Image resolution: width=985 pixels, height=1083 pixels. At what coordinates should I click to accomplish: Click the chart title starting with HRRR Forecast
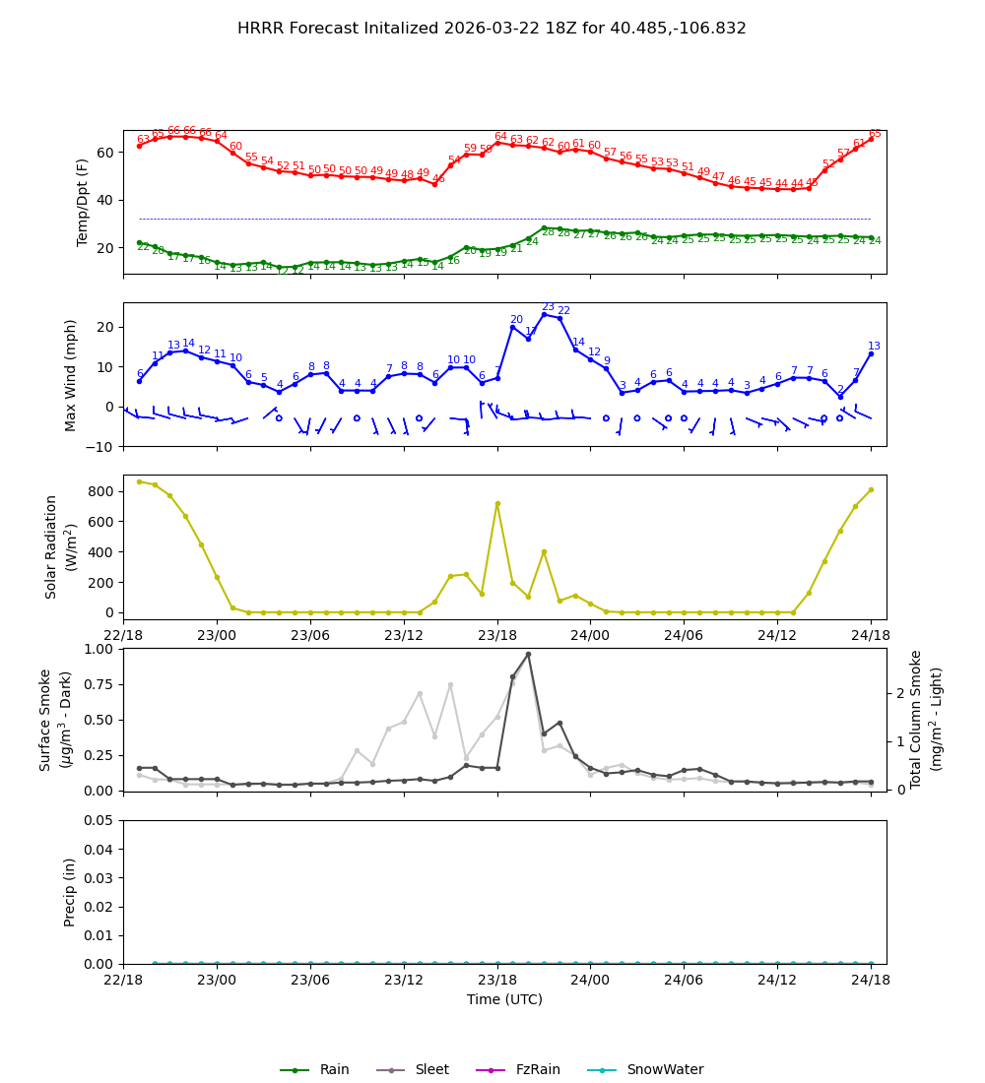click(x=492, y=29)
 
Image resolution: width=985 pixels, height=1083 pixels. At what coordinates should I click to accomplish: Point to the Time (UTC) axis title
click(x=504, y=999)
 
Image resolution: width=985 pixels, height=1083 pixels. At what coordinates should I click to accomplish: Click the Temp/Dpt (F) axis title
click(x=84, y=202)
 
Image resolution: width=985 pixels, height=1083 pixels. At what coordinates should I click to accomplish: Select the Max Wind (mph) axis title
click(x=71, y=374)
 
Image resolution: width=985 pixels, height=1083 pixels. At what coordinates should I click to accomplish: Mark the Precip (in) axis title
click(x=70, y=892)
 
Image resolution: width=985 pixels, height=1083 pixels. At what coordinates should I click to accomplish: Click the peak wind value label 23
click(x=548, y=307)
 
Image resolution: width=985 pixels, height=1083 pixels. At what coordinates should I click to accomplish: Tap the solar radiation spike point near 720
click(x=497, y=503)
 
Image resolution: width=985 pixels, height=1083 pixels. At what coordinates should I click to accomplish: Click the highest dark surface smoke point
click(x=528, y=654)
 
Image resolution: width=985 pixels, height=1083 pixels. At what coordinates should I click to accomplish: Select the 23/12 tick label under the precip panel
click(x=404, y=981)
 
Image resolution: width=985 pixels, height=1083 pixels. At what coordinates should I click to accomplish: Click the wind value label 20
click(x=516, y=320)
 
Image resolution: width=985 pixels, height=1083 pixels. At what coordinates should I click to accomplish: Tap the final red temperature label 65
click(x=875, y=133)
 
